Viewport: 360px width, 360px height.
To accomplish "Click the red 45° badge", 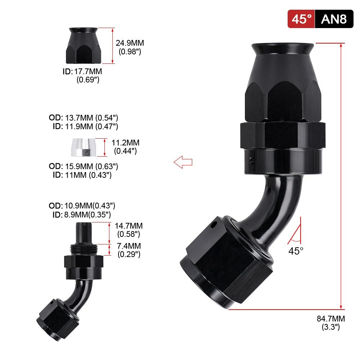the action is tap(301, 19).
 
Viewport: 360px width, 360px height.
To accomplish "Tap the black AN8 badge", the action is tap(334, 19).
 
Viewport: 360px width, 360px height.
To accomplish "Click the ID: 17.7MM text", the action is tap(82, 71).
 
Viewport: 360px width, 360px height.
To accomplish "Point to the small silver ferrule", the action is tap(84, 147).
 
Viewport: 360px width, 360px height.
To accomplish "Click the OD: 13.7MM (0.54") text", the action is tap(84, 118).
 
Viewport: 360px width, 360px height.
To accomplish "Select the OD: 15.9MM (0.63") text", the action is tap(84, 166).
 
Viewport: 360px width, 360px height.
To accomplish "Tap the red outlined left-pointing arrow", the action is tap(183, 162).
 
